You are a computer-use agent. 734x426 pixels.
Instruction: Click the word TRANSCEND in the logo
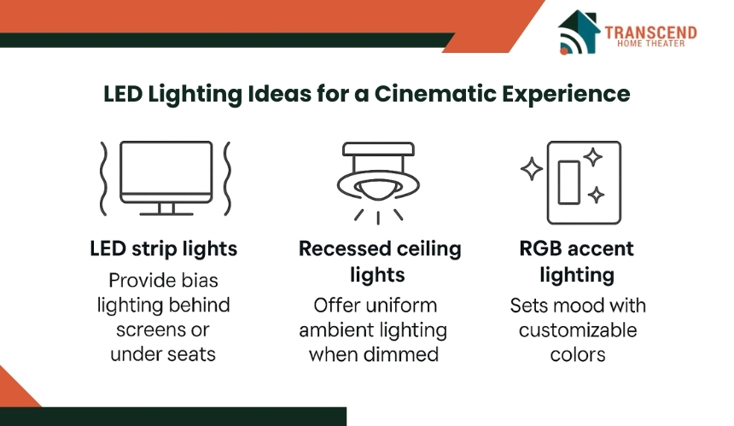pyautogui.click(x=650, y=32)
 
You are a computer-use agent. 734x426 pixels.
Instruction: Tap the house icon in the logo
pyautogui.click(x=579, y=32)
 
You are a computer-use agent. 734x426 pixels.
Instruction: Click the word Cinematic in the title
pyautogui.click(x=435, y=94)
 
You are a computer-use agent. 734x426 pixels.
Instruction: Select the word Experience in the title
pyautogui.click(x=566, y=95)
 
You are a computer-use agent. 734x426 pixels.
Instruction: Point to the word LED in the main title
pyautogui.click(x=123, y=94)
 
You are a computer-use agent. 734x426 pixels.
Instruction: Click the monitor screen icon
pyautogui.click(x=166, y=178)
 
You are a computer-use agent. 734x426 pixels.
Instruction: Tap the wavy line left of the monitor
pyautogui.click(x=103, y=178)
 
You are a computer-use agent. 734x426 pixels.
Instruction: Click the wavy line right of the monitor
pyautogui.click(x=227, y=178)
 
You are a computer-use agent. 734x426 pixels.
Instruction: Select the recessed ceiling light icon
pyautogui.click(x=378, y=183)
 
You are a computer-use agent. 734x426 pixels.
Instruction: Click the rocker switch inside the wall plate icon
pyautogui.click(x=568, y=183)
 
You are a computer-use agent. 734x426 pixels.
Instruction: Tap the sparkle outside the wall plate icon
pyautogui.click(x=532, y=169)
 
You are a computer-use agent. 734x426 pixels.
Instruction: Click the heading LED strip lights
pyautogui.click(x=163, y=249)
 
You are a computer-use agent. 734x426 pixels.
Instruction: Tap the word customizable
pyautogui.click(x=578, y=330)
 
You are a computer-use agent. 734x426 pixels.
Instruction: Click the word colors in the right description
pyautogui.click(x=578, y=355)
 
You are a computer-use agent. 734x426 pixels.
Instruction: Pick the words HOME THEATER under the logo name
pyautogui.click(x=650, y=44)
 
